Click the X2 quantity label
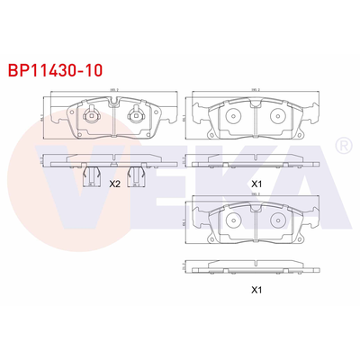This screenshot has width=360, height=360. pos(114,183)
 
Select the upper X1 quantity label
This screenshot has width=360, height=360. pos(256,183)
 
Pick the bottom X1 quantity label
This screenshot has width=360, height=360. pos(256,290)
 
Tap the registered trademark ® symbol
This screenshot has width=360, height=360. pos(342,145)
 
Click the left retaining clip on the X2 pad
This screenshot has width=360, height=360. pos(91,115)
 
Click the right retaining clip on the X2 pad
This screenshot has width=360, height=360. pos(137,115)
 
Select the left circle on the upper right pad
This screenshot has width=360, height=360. pos(232,116)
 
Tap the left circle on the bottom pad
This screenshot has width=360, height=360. pos(232,219)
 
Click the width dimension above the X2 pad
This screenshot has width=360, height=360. pos(114,89)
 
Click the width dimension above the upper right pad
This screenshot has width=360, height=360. pos(256,89)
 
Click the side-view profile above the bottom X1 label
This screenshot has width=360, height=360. pos(256,267)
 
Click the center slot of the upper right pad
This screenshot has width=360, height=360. pos(255,119)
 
